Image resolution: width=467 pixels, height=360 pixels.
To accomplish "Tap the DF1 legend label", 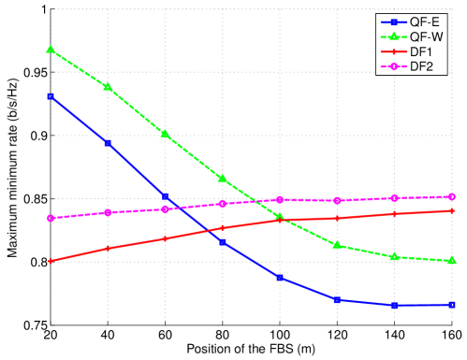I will (x=421, y=53).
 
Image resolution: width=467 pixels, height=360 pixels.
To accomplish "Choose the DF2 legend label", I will (x=421, y=68).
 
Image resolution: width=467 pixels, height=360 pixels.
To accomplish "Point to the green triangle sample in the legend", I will (x=393, y=37).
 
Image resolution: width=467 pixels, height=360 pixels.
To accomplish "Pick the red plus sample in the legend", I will (x=393, y=53).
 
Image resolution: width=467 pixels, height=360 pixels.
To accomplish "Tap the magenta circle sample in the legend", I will (x=393, y=68).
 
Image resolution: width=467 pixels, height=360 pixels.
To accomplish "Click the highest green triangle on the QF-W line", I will (x=51, y=49).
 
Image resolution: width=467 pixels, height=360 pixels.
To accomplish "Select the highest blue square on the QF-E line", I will (x=51, y=95).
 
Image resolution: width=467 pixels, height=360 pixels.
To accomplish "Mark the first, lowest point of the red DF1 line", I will (x=51, y=261).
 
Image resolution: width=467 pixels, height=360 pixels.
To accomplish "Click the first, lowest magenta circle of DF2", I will (x=51, y=218).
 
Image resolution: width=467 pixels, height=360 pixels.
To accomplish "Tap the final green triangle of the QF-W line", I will (x=452, y=260).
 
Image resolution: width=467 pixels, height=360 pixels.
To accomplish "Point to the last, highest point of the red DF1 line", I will (x=452, y=210).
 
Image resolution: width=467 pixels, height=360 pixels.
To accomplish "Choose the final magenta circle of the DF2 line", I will (x=452, y=196).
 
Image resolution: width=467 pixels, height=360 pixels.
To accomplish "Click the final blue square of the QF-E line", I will (x=452, y=305).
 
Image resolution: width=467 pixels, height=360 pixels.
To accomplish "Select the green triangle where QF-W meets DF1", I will (x=280, y=217).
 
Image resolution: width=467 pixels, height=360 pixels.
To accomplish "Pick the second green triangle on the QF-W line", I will (x=108, y=86).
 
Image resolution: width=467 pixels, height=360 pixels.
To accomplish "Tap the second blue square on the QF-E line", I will (x=108, y=143).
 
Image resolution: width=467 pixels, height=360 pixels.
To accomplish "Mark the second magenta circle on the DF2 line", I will (x=108, y=212).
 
